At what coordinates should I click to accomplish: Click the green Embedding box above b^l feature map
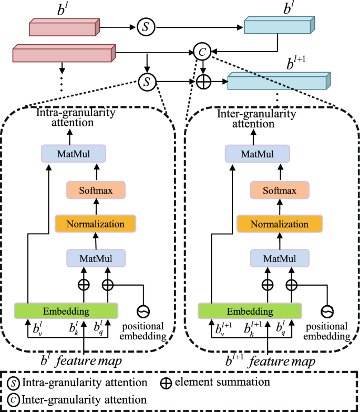(66, 310)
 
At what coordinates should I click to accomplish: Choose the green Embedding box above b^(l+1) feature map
(250, 310)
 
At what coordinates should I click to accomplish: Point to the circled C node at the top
(201, 52)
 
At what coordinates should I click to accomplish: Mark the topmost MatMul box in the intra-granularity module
(74, 154)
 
